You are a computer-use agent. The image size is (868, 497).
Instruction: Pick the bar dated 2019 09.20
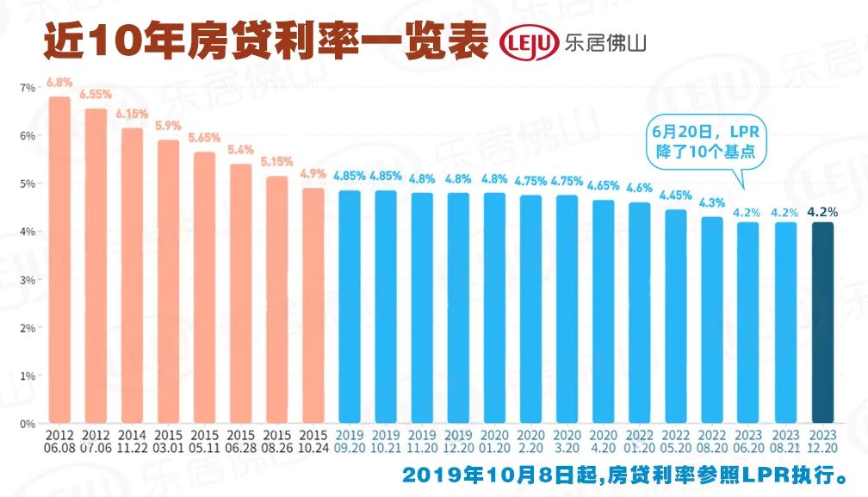350,307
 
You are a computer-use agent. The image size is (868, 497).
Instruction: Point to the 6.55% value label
96,96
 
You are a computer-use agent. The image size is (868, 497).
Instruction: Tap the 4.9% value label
313,175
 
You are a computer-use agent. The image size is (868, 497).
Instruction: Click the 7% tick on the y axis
27,88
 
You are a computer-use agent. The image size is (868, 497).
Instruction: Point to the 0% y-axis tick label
27,424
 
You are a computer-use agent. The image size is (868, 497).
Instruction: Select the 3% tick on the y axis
27,280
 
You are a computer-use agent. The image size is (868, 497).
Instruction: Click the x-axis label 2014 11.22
132,441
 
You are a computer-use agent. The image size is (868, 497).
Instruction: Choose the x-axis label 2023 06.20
748,441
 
